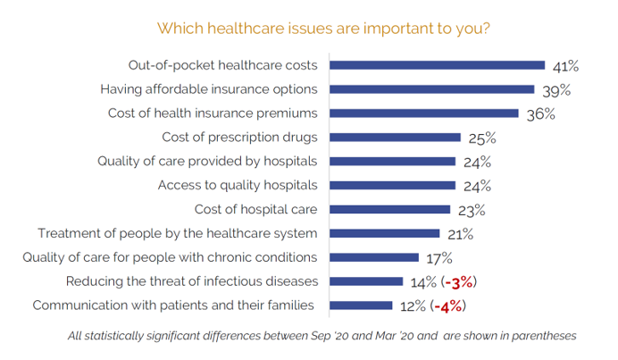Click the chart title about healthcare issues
[x=322, y=28]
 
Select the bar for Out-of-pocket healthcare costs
[x=438, y=65]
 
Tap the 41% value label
[x=566, y=66]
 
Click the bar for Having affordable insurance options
[x=432, y=89]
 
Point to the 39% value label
[x=555, y=90]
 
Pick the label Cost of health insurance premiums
[x=213, y=113]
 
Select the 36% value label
[x=540, y=114]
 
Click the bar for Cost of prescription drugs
[x=396, y=138]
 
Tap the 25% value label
[x=482, y=138]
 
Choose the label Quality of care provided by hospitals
[x=208, y=162]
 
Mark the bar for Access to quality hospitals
[x=393, y=186]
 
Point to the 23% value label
[x=471, y=211]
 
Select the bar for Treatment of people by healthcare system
[x=385, y=234]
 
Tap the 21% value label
[x=459, y=235]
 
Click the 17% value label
[x=438, y=259]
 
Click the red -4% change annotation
[x=448, y=306]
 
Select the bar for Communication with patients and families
[x=362, y=306]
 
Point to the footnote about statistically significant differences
[x=322, y=337]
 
